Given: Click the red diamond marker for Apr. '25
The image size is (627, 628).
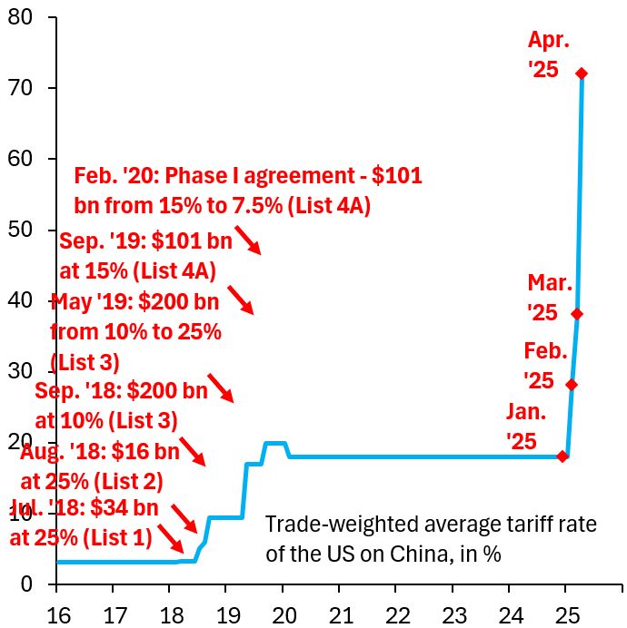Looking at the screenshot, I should [x=582, y=74].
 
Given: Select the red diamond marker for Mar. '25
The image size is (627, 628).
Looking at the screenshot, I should [x=577, y=314].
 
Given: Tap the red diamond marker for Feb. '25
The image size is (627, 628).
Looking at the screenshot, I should [x=572, y=384].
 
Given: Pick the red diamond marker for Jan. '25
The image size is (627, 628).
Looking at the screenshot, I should [x=562, y=456].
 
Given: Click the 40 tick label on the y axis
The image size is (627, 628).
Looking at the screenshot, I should [x=20, y=300].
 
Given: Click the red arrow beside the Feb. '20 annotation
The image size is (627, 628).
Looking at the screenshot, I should [x=247, y=240].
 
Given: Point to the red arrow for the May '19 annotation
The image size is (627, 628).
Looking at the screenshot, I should [x=221, y=388].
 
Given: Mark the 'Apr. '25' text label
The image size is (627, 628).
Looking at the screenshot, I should [x=549, y=54].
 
